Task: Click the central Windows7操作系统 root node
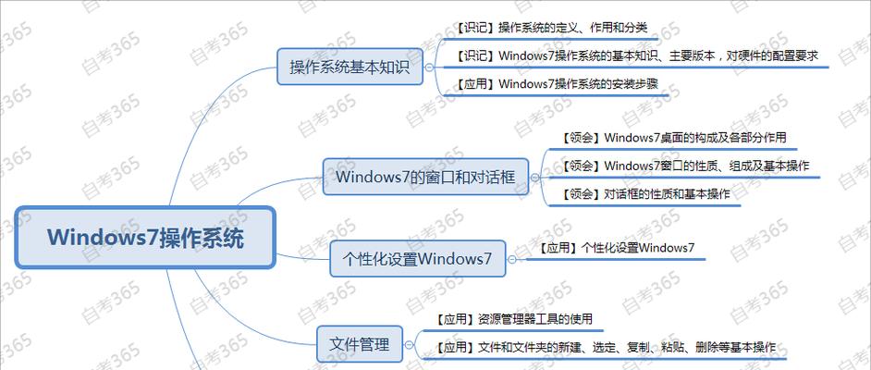[145, 238]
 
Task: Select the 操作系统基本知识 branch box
[350, 67]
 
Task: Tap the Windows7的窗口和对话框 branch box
[425, 177]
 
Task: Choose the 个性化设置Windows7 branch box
[418, 258]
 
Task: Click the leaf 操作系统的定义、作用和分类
[551, 28]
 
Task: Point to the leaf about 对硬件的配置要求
[636, 55]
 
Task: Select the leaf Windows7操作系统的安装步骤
[557, 84]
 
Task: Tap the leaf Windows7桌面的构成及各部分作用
[673, 137]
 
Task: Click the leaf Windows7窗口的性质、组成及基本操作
[684, 166]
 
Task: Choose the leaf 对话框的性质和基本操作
[644, 194]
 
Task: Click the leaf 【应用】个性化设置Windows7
[616, 248]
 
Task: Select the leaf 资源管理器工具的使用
[513, 319]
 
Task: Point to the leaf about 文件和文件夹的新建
[605, 348]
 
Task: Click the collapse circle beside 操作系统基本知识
[429, 67]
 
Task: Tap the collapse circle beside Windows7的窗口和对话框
[534, 178]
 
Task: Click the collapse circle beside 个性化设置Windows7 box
[511, 259]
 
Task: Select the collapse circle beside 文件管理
[409, 344]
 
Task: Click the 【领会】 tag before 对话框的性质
[581, 194]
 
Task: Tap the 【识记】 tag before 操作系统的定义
[476, 28]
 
